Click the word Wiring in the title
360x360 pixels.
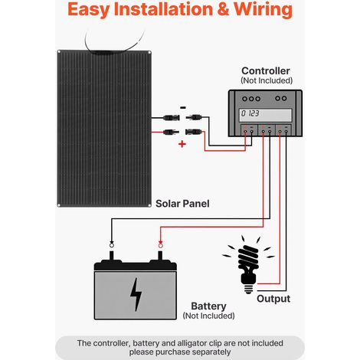pos(263,9)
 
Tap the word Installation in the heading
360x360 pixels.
pos(163,9)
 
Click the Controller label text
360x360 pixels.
pos(266,70)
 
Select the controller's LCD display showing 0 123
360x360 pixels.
pos(265,115)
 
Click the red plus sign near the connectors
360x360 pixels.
pos(182,144)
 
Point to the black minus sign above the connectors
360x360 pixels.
pos(183,108)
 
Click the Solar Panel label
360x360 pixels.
pos(182,204)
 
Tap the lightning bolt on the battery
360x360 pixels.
pos(136,294)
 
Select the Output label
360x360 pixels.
pos(273,299)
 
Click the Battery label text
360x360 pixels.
pos(208,306)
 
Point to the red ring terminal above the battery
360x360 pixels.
pos(160,245)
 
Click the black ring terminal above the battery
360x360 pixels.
pos(112,245)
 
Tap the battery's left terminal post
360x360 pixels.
pos(112,256)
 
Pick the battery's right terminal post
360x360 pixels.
pos(160,256)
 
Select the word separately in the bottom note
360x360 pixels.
pos(211,352)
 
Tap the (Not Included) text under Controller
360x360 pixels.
pos(267,80)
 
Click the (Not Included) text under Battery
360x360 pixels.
pos(208,316)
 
